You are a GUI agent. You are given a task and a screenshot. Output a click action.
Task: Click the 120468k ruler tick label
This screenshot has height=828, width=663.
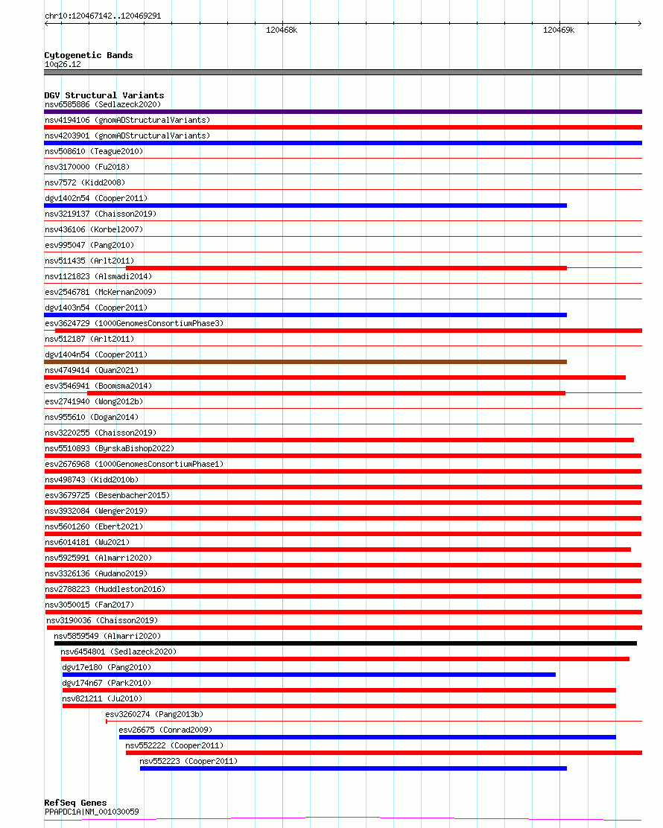pyautogui.click(x=282, y=31)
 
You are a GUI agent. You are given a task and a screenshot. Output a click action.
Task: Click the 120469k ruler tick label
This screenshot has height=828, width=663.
pyautogui.click(x=559, y=31)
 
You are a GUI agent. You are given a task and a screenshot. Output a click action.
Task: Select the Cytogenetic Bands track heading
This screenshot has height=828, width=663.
pyautogui.click(x=88, y=55)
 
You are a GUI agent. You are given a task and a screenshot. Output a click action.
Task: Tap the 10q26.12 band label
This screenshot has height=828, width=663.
pyautogui.click(x=63, y=64)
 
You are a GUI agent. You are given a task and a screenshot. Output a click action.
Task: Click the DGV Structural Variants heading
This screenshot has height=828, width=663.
pyautogui.click(x=104, y=95)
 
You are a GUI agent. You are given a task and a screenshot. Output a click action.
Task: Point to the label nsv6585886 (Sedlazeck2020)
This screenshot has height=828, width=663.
pyautogui.click(x=102, y=104)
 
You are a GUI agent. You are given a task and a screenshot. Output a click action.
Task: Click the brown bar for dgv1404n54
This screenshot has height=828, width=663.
pyautogui.click(x=305, y=362)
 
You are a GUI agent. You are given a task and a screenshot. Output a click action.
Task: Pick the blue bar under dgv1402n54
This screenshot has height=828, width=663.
pyautogui.click(x=305, y=206)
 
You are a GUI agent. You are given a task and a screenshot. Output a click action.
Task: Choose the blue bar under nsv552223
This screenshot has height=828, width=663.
pyautogui.click(x=353, y=768)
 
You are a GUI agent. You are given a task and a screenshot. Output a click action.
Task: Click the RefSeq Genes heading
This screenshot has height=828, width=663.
pyautogui.click(x=75, y=803)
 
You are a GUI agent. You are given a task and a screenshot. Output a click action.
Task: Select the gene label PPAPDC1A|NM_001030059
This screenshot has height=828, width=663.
pyautogui.click(x=91, y=812)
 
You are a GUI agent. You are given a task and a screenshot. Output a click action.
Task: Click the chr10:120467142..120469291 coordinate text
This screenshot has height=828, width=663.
pyautogui.click(x=103, y=16)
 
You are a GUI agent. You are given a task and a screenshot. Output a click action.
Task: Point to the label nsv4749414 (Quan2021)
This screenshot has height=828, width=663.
pyautogui.click(x=92, y=370)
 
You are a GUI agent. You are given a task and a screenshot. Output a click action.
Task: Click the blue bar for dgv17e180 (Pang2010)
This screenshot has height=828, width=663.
pyautogui.click(x=308, y=675)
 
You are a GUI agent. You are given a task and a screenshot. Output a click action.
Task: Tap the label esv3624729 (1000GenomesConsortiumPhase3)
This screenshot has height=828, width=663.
pyautogui.click(x=133, y=323)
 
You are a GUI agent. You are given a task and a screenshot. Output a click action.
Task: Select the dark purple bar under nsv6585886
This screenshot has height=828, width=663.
pyautogui.click(x=343, y=112)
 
